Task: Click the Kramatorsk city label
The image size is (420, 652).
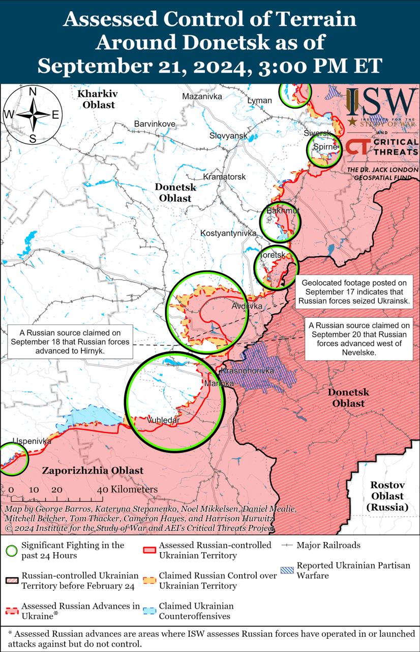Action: pos(224,177)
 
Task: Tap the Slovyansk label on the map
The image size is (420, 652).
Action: pos(228,135)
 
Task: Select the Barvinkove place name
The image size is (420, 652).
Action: pos(155,124)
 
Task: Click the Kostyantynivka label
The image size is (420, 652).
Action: pos(228,233)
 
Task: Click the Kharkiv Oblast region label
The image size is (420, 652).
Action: pos(97,99)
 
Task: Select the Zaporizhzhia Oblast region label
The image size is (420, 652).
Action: pos(93,471)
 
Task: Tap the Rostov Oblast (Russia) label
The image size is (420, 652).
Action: pos(387,496)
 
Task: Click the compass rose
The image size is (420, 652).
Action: pos(32,115)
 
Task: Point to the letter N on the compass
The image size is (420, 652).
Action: pos(32,92)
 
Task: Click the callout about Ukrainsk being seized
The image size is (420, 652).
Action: pos(358,292)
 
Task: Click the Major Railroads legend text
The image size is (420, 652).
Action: pos(328,545)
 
